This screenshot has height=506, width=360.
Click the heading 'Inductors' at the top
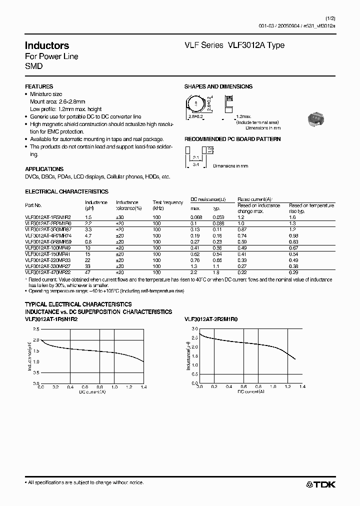[47, 45]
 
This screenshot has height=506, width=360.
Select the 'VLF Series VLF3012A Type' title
[234, 45]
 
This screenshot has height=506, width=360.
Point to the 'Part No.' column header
[33, 205]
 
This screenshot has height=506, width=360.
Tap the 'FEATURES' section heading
[39, 86]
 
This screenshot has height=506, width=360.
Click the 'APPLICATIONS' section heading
[44, 169]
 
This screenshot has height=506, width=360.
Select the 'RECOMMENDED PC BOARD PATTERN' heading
[232, 139]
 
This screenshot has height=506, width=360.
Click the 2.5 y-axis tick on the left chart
[35, 329]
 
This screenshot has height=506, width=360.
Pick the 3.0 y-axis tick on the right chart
[194, 328]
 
